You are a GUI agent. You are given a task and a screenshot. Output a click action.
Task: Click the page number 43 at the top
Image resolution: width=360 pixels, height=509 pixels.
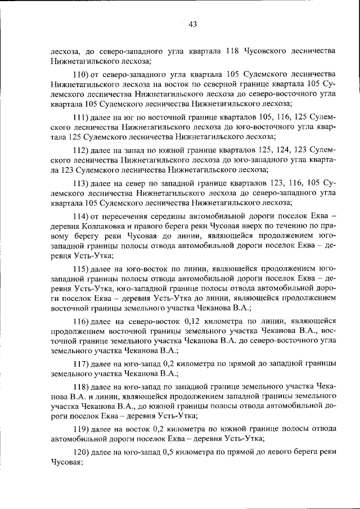tap(192, 24)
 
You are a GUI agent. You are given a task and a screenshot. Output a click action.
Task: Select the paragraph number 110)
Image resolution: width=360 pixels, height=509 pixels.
tap(83, 74)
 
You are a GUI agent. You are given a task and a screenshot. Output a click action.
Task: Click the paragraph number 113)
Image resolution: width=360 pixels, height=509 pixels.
tap(83, 183)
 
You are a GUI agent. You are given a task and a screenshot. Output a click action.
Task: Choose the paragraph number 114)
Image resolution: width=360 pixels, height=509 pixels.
tap(83, 217)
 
